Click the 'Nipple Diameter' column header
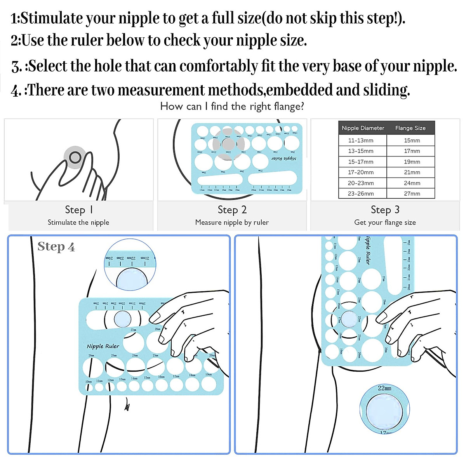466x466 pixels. [363, 128]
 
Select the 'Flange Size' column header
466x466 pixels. [410, 128]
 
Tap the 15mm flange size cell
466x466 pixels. [412, 141]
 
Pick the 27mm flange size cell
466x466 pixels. [412, 193]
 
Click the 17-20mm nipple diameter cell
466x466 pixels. [361, 172]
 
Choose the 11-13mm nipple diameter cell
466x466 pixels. [361, 141]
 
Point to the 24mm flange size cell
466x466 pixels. [412, 183]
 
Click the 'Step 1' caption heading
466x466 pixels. [78, 210]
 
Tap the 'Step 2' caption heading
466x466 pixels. [232, 210]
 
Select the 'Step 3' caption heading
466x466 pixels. [385, 210]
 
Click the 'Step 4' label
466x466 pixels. [56, 247]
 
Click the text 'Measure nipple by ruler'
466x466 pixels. [232, 223]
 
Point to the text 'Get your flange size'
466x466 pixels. [385, 223]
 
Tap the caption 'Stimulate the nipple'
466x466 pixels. [78, 223]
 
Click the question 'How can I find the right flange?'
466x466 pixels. [232, 106]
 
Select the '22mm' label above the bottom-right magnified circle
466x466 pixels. [384, 388]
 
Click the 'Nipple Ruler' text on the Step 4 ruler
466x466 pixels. [103, 346]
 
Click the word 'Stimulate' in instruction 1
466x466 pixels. [52, 18]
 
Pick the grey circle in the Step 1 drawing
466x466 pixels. [75, 157]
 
